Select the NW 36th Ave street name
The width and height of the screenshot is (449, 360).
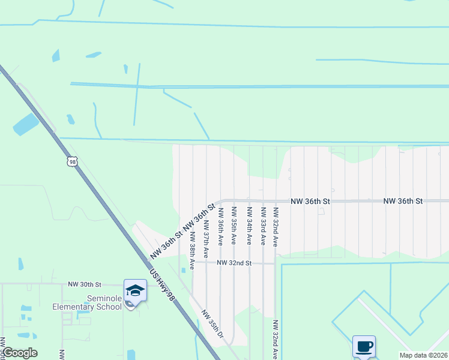(220, 226)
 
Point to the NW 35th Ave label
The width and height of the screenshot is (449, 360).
(234, 226)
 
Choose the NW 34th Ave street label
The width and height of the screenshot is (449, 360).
(249, 226)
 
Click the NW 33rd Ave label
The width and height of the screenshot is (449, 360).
(262, 226)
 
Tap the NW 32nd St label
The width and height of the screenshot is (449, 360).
(233, 263)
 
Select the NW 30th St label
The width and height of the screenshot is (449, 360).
(85, 284)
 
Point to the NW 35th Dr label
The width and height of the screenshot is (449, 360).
(212, 324)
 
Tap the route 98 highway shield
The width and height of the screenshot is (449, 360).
(73, 162)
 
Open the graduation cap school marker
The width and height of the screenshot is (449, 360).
(136, 291)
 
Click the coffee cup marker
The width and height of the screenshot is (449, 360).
(364, 347)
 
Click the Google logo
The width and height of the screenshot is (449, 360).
(20, 353)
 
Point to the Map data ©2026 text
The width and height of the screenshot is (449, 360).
(423, 355)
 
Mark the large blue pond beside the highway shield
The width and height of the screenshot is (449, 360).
(26, 124)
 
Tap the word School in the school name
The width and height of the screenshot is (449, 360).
(109, 307)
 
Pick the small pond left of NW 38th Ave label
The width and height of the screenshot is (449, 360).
(182, 270)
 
